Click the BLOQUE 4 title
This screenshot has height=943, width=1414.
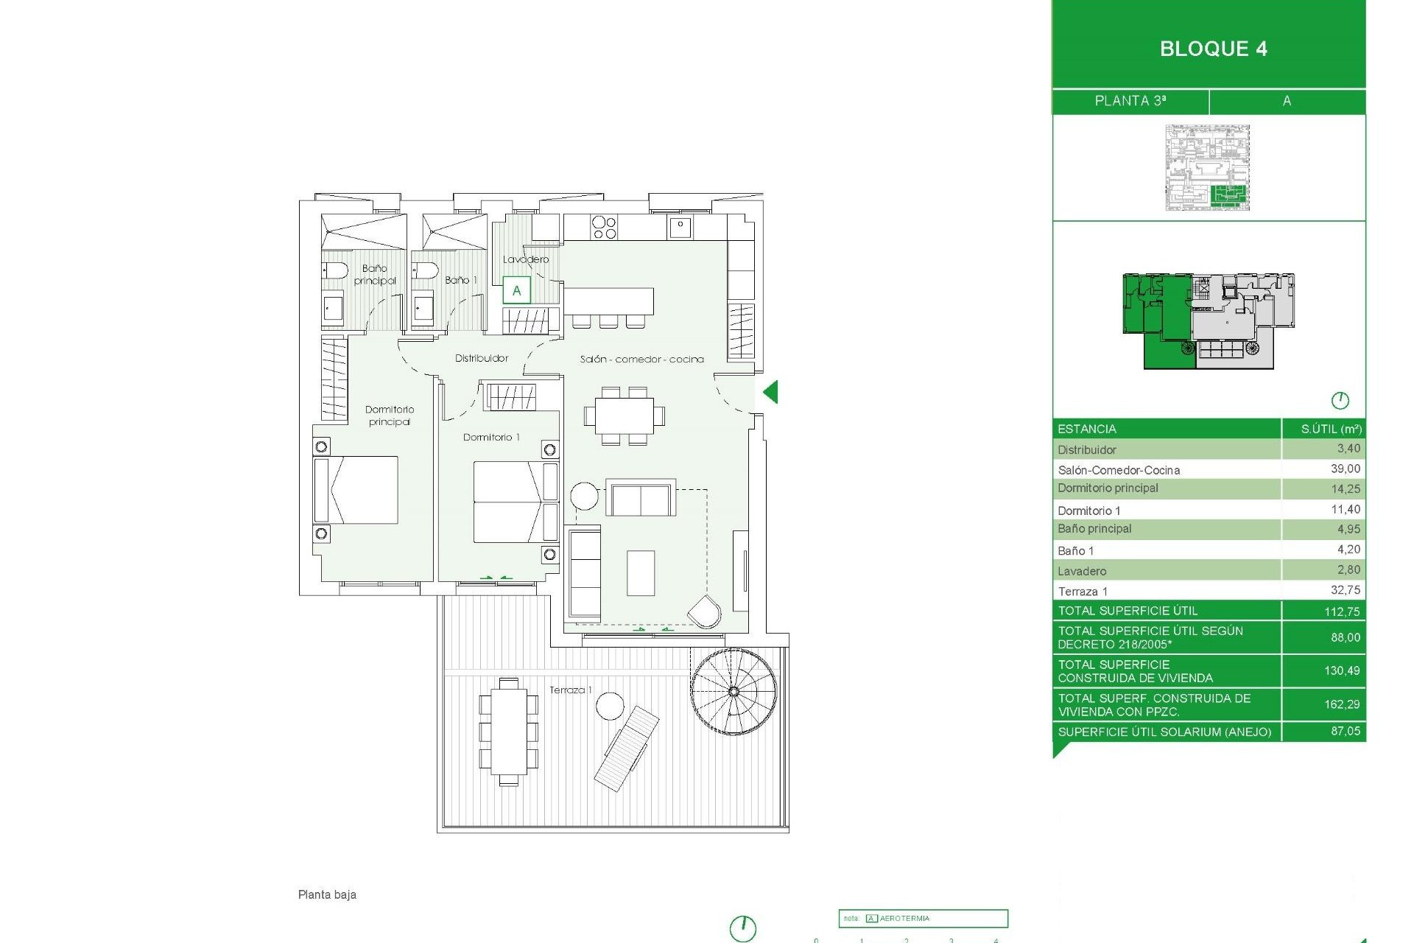click(1213, 49)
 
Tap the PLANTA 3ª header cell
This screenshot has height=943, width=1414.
click(1130, 101)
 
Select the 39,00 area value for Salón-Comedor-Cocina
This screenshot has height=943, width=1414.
click(1345, 469)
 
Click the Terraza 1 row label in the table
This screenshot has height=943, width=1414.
click(1083, 591)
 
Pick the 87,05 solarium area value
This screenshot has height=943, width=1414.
click(1345, 731)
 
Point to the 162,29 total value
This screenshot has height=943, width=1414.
click(1341, 704)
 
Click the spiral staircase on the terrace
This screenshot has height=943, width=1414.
click(734, 692)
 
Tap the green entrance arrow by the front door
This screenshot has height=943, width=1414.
click(770, 392)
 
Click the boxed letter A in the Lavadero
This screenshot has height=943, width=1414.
click(516, 290)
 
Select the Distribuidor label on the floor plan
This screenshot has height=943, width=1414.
click(482, 358)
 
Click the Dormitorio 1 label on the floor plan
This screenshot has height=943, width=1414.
click(491, 437)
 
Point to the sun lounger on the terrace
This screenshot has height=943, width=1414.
click(627, 748)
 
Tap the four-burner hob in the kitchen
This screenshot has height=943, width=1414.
click(604, 228)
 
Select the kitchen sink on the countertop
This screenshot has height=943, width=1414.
click(680, 227)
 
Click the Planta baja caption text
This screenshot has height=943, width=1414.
click(327, 894)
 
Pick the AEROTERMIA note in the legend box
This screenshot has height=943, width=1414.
click(904, 919)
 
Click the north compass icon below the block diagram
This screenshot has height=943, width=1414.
click(1340, 401)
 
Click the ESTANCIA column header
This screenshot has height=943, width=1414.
click(1086, 429)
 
